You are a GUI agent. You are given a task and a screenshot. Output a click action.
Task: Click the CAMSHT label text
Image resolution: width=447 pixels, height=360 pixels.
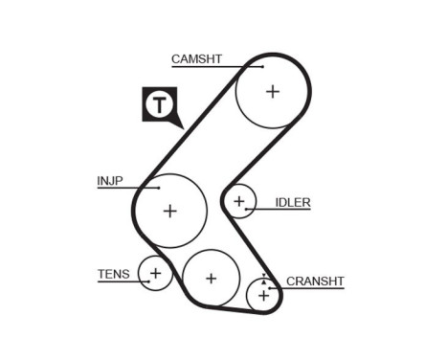pos(196,58)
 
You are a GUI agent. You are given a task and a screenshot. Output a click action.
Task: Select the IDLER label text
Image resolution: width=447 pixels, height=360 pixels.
pos(293,202)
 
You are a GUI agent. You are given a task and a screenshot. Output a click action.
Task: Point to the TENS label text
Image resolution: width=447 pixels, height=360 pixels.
pos(112,274)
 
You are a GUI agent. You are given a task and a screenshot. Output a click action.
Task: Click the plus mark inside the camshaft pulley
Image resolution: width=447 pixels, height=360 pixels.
pos(273,91)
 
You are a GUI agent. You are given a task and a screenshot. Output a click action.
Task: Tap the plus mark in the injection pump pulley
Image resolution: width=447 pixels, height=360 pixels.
pos(169,211)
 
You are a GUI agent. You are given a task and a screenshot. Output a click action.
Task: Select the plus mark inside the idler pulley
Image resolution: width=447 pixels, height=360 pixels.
pos(240,201)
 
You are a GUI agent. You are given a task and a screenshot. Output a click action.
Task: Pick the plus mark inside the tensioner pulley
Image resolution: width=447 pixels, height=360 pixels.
pos(155,274)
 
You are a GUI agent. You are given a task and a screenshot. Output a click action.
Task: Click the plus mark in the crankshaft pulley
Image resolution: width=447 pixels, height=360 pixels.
pos(263,297)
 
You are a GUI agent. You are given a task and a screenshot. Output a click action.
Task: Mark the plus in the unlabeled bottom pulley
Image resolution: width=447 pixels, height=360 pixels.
pos(211,279)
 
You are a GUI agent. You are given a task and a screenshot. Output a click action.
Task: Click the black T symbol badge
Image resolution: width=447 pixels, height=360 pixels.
pos(161,105)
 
